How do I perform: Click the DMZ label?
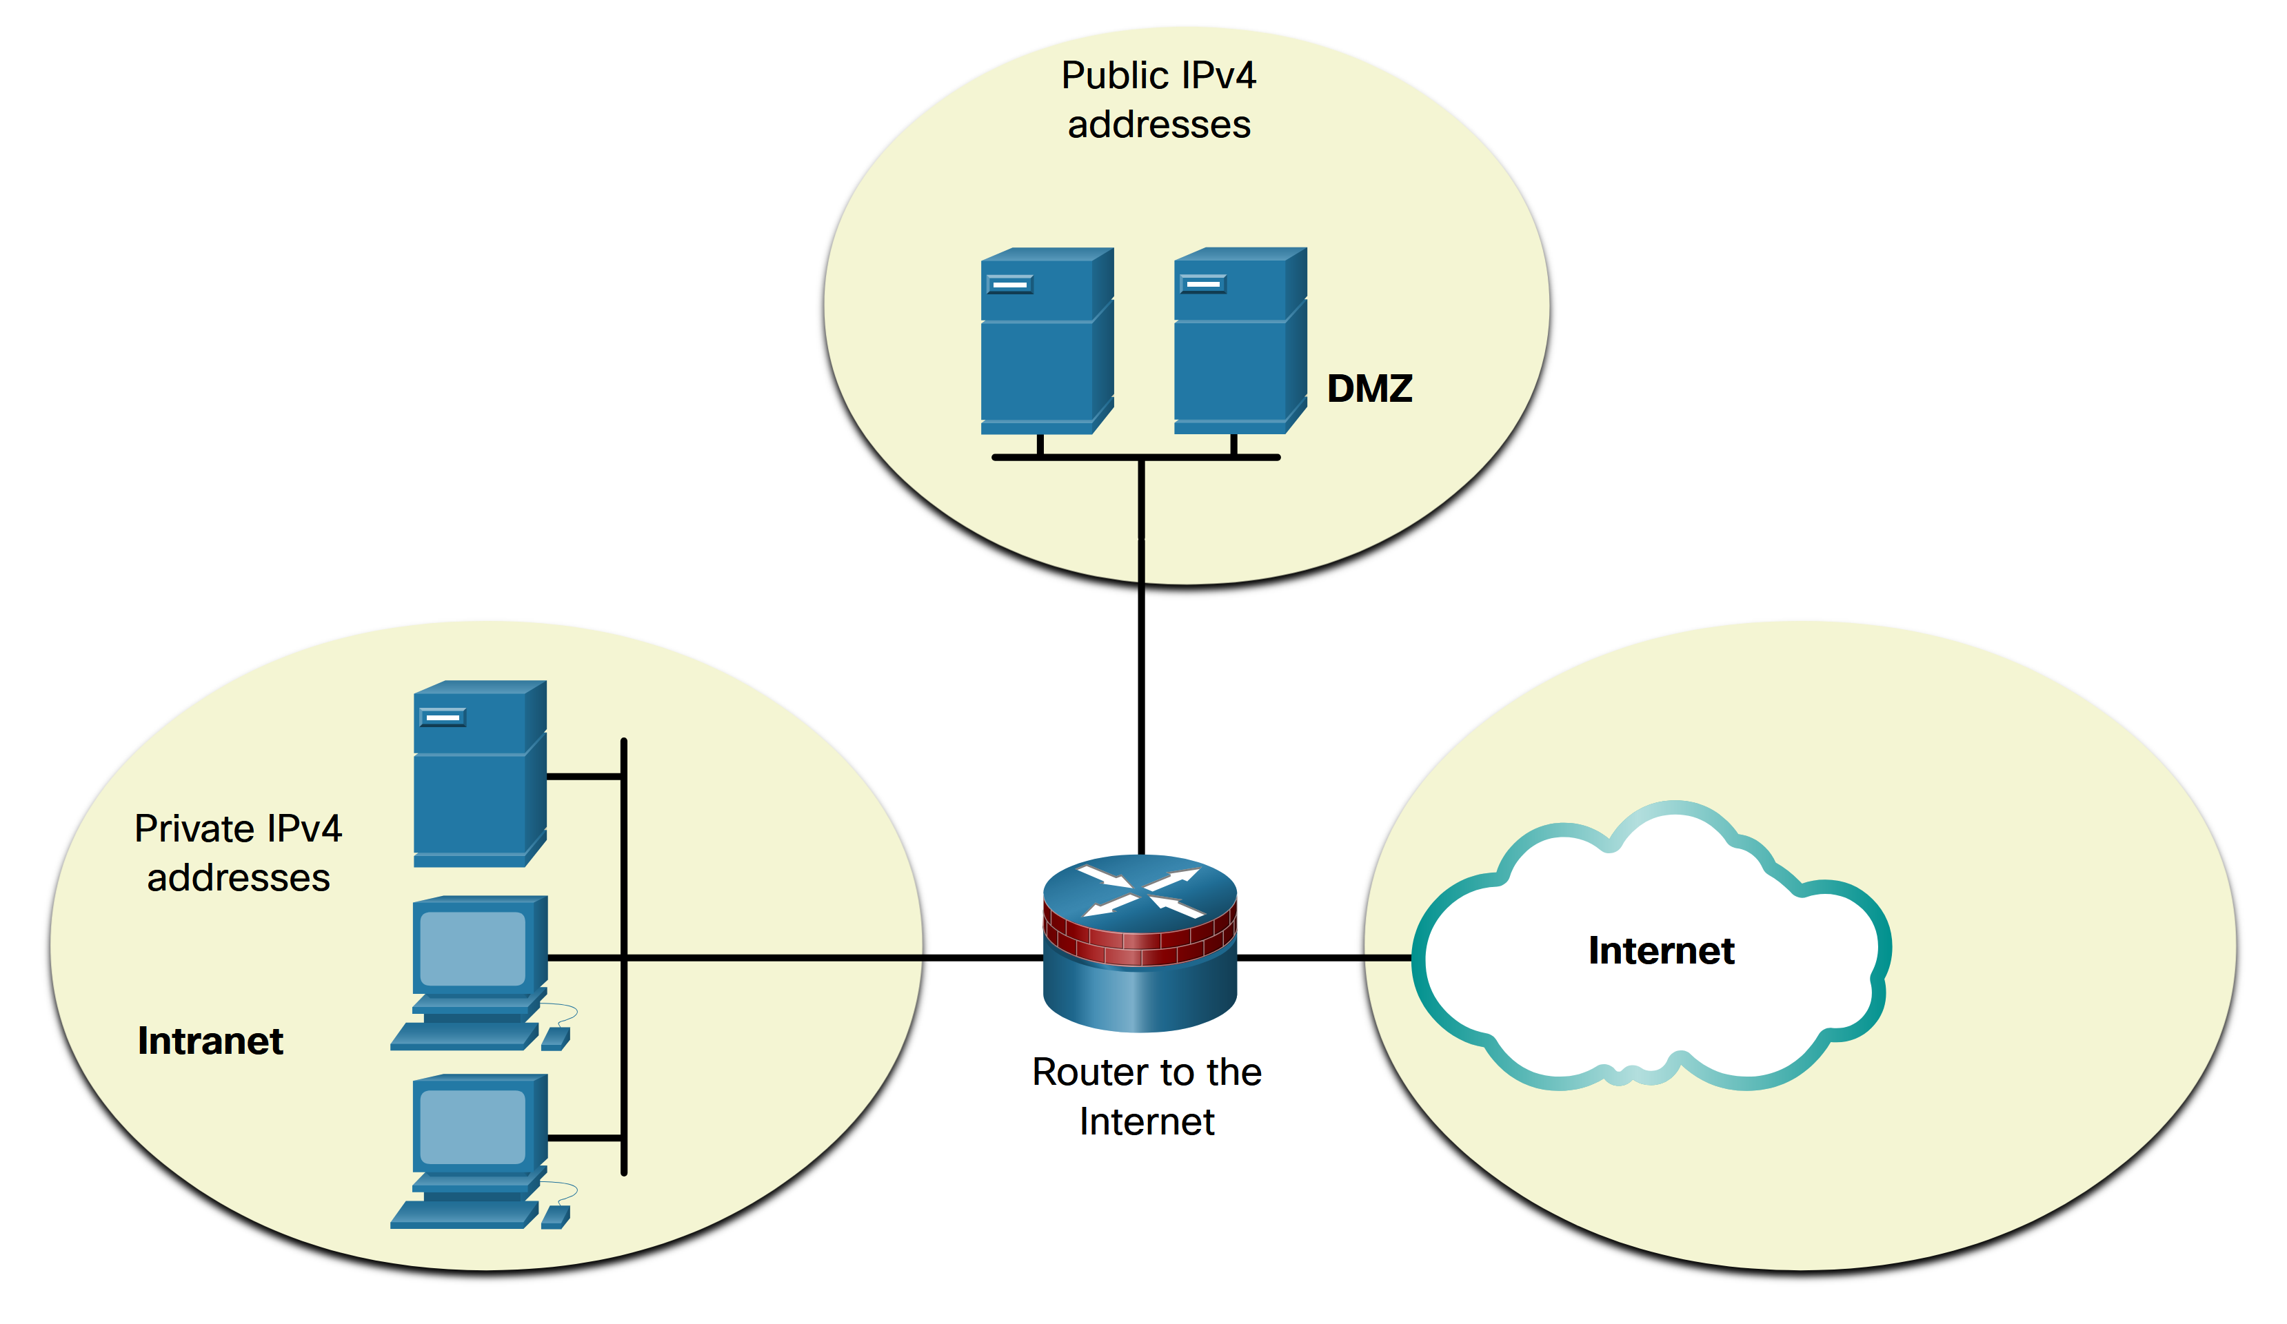click(x=1369, y=389)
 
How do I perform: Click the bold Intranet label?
click(x=210, y=1041)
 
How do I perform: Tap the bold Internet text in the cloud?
click(x=1661, y=950)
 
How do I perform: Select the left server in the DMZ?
click(x=1047, y=340)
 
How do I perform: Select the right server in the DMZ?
click(x=1240, y=340)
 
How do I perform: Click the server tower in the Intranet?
click(x=479, y=773)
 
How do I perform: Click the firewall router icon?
click(x=1140, y=944)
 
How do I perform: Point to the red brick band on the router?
click(x=1140, y=944)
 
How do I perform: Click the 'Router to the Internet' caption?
click(x=1146, y=1097)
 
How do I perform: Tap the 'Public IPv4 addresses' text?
click(x=1159, y=100)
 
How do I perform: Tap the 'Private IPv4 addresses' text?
click(x=239, y=853)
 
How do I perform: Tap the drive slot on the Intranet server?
click(x=443, y=717)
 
